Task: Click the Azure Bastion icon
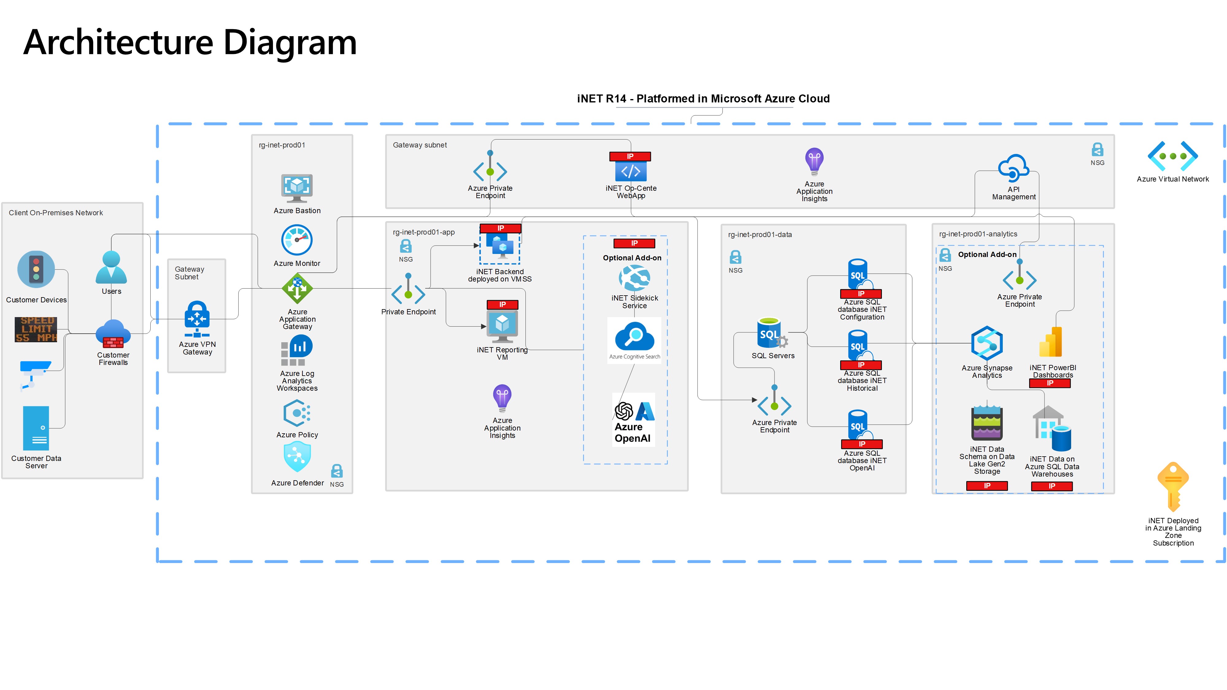[x=297, y=188]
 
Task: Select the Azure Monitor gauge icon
[x=297, y=240]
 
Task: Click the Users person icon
[x=111, y=268]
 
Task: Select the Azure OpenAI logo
[x=633, y=420]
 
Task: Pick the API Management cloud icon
[x=1013, y=168]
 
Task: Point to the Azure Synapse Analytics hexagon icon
[x=987, y=343]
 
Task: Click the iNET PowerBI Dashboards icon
[x=1051, y=342]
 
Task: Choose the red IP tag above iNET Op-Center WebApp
[x=630, y=156]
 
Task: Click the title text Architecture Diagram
[x=190, y=42]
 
